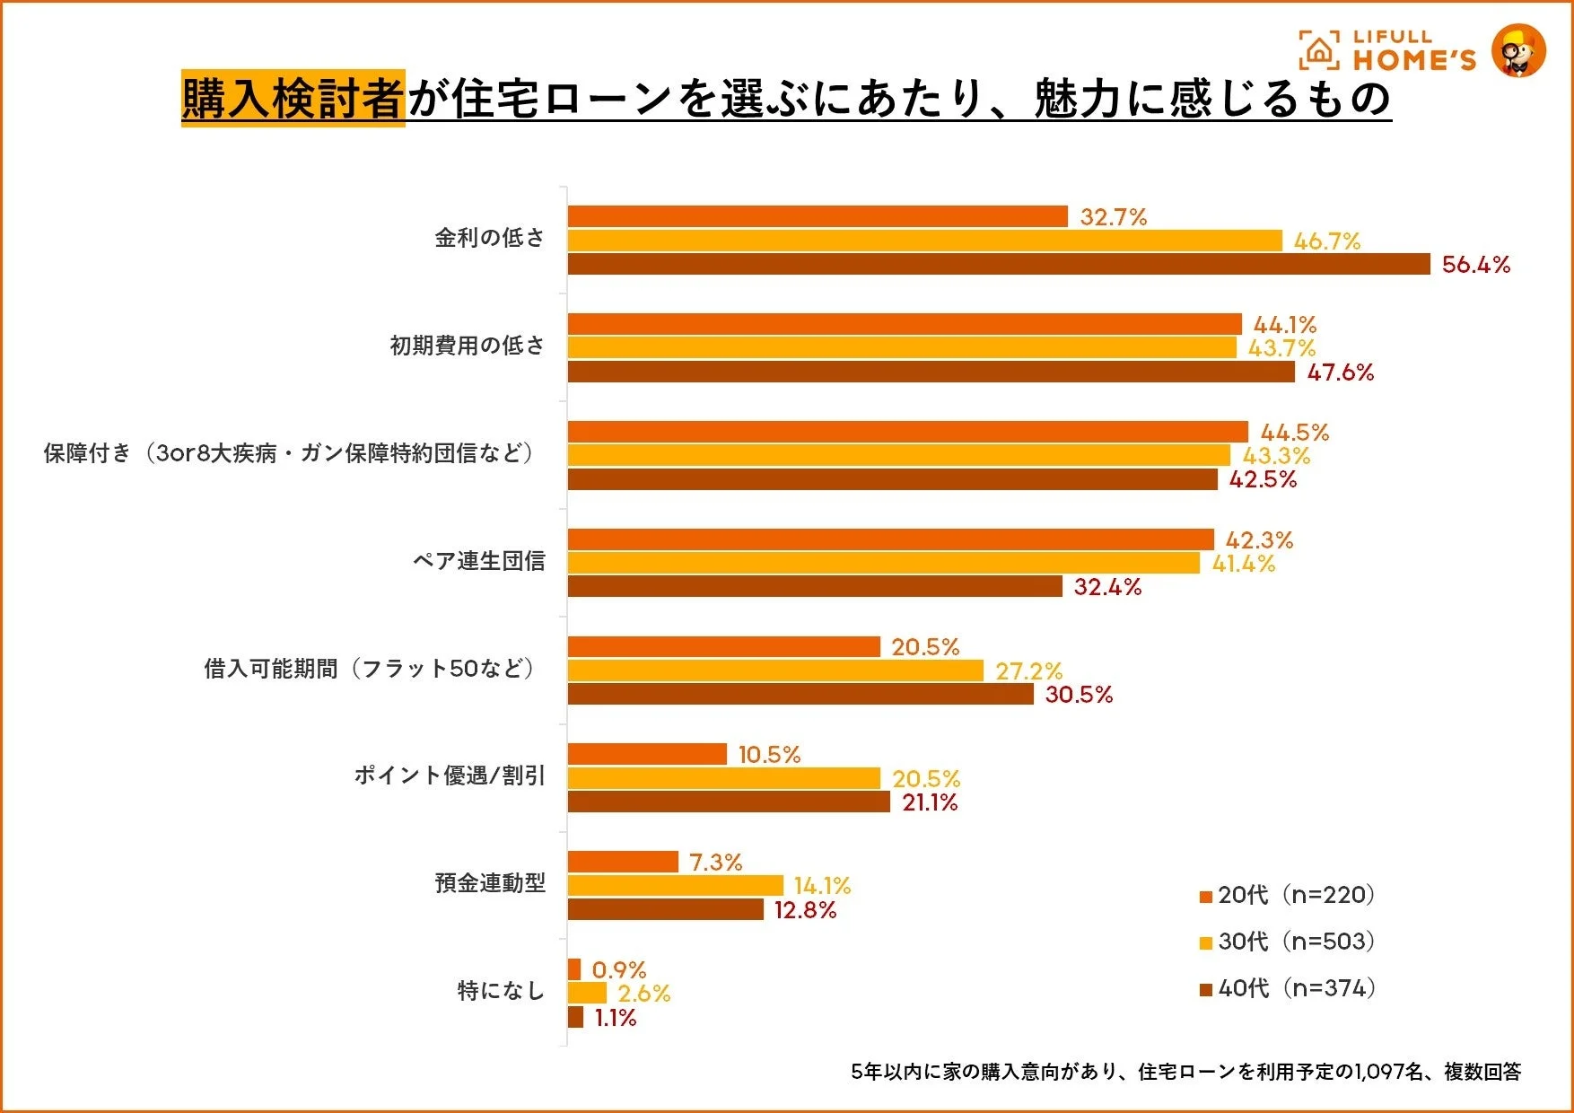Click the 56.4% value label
coord(1475,265)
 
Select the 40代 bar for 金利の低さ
coord(998,264)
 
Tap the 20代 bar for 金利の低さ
coord(817,216)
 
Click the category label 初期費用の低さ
coord(467,346)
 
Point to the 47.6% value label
coord(1340,372)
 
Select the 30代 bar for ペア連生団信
coord(883,563)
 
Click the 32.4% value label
coord(1107,587)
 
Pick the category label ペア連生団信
coord(478,561)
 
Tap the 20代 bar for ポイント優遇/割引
coord(646,754)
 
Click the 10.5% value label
coord(769,755)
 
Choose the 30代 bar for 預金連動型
coord(675,886)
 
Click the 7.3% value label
coord(715,863)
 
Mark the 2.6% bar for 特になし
coord(587,994)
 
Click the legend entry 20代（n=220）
coord(1288,895)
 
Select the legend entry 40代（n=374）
coord(1288,988)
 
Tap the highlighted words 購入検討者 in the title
coord(293,98)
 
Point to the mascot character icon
coord(1518,50)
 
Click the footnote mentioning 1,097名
coord(1185,1072)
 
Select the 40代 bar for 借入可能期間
coord(800,695)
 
